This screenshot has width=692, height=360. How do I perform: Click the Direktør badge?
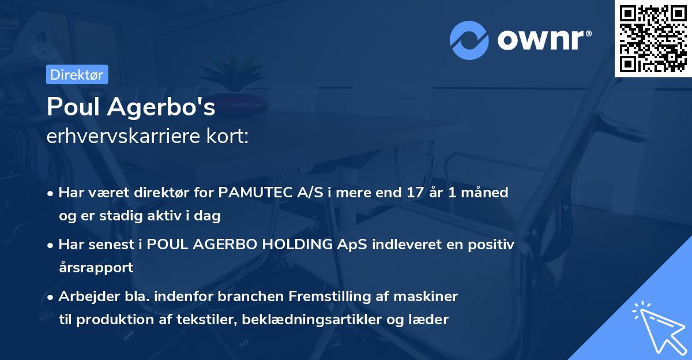coord(77,74)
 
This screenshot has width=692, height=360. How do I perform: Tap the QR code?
coord(653,39)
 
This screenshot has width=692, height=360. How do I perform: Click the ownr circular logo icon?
coord(469,40)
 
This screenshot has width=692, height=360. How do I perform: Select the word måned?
coord(486,193)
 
